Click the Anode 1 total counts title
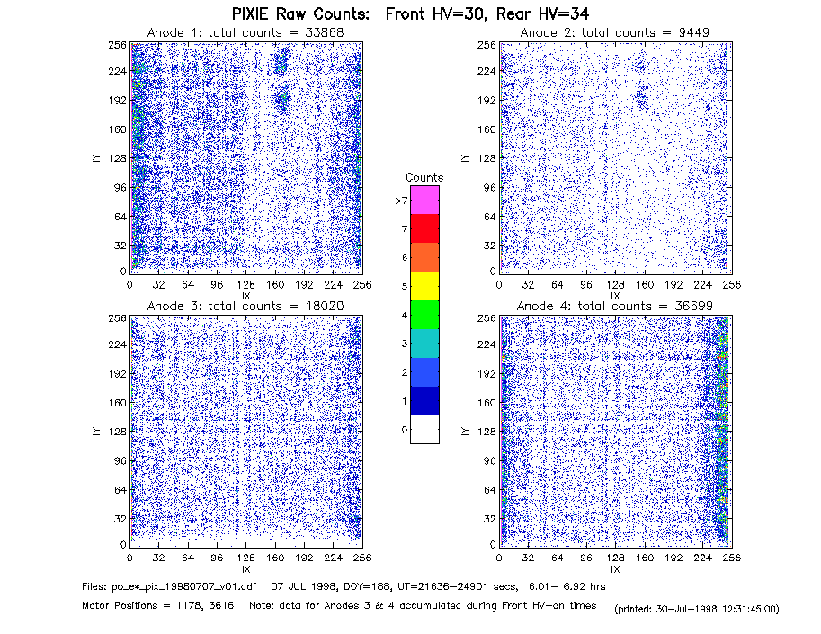click(245, 32)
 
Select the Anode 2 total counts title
click(615, 32)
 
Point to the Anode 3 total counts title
click(245, 306)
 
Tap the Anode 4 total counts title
click(615, 306)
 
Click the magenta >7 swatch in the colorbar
click(424, 200)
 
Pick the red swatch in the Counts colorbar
click(424, 228)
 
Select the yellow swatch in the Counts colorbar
click(424, 286)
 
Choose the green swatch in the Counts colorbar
click(424, 315)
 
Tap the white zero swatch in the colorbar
click(424, 429)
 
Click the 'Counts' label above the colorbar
click(424, 177)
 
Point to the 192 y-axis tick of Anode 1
click(118, 100)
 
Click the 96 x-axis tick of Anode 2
click(586, 285)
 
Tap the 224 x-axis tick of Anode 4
click(702, 558)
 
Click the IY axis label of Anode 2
click(465, 158)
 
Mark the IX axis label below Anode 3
click(246, 569)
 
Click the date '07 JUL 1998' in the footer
click(298, 587)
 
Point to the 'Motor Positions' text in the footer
click(120, 606)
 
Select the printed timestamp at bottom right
click(697, 609)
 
